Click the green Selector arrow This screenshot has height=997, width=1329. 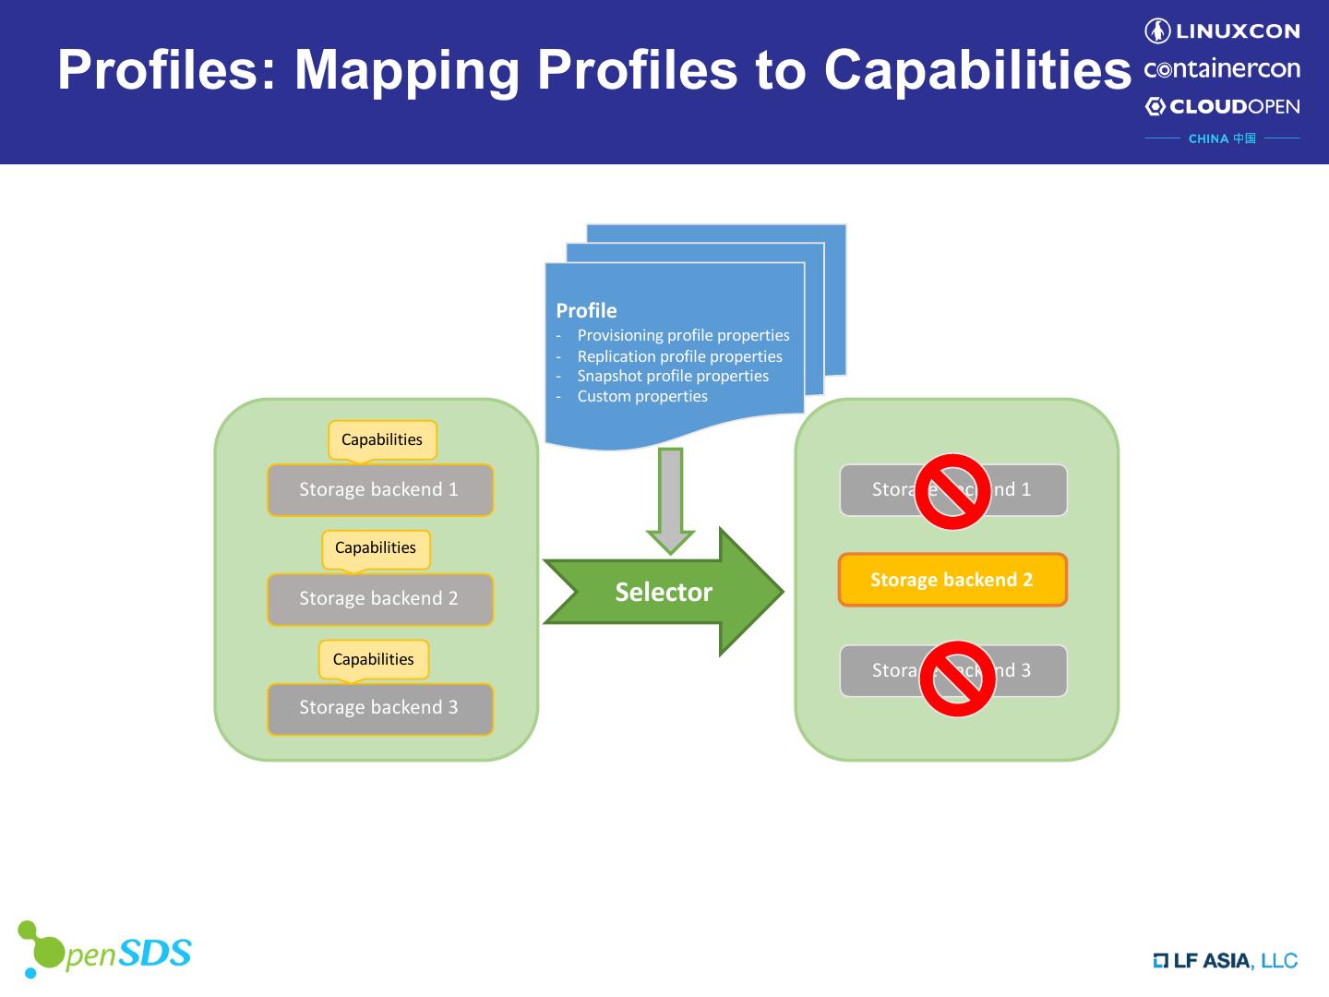coord(663,592)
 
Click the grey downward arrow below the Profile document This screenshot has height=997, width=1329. coord(671,498)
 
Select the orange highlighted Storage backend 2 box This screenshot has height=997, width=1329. coord(952,580)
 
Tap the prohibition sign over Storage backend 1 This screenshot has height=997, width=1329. coord(952,491)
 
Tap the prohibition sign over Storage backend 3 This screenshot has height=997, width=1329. coord(957,679)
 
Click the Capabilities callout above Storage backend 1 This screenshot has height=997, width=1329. coord(382,439)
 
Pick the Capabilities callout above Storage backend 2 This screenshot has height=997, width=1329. coord(376,547)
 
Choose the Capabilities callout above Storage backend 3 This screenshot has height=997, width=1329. coord(374,659)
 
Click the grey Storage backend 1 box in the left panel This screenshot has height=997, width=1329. coord(379,489)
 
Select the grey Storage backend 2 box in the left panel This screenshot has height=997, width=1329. coord(379,598)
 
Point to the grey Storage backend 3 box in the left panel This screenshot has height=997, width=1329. coord(379,707)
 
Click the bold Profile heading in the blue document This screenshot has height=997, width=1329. coord(586,310)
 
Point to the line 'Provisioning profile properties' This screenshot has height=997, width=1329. coord(683,335)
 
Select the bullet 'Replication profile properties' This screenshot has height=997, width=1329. coord(679,356)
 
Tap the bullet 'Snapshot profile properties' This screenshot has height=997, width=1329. coord(673,376)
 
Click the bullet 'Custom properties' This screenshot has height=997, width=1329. coord(642,396)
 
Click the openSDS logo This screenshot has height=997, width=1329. coord(104,950)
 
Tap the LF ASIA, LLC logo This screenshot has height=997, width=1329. coord(1225,961)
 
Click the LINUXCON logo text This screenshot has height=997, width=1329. coord(1222,31)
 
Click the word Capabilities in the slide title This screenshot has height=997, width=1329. coord(976,69)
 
